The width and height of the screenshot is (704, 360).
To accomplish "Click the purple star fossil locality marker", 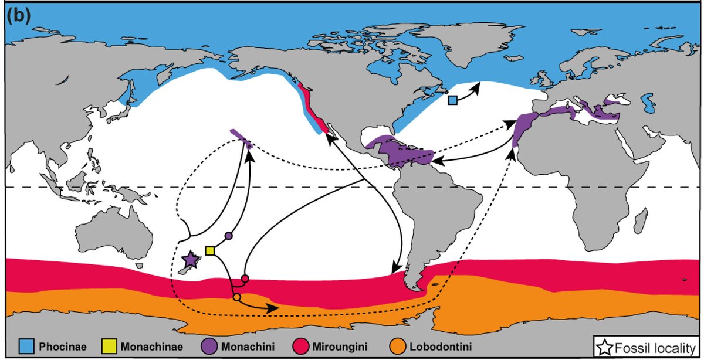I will point(190,260).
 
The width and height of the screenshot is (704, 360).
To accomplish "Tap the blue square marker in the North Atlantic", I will point(453,100).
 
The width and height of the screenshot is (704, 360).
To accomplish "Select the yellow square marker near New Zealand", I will point(209,251).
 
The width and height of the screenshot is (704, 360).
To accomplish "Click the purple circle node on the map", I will point(229,236).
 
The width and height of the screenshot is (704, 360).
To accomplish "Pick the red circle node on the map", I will point(245,279).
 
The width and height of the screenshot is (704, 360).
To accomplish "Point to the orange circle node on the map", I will point(236,298).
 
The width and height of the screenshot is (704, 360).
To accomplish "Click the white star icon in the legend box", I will point(604,346).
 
